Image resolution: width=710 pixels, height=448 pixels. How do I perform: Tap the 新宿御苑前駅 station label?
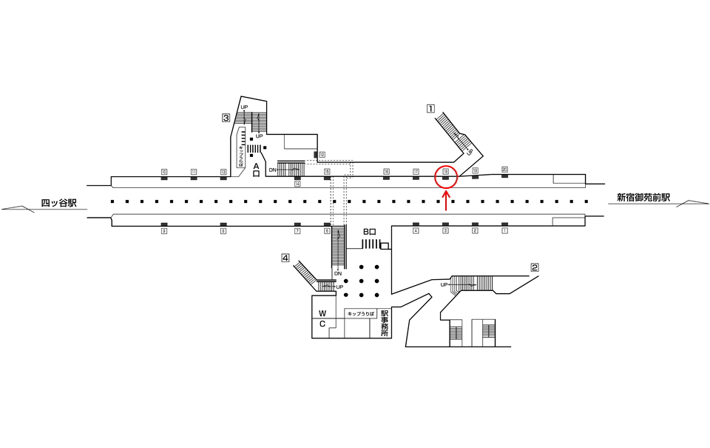(643, 198)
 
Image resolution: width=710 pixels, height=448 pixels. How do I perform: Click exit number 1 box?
(430, 108)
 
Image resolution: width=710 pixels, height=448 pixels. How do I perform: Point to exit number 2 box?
(534, 267)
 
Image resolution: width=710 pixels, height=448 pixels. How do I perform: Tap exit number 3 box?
(226, 117)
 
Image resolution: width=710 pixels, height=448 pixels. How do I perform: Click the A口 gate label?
(256, 170)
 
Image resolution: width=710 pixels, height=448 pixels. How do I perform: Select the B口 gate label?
(370, 232)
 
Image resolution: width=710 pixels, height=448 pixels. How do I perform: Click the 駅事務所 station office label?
(384, 323)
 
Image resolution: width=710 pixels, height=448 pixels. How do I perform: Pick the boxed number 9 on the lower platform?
(164, 231)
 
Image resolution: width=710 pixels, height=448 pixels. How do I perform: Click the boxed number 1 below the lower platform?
(504, 231)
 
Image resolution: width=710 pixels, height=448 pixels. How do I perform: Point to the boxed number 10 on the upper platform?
(164, 172)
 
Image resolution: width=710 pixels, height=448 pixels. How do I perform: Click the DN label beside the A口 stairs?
(273, 170)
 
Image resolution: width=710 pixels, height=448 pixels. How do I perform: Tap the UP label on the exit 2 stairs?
(444, 284)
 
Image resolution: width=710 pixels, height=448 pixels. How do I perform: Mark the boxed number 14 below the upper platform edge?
(297, 184)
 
